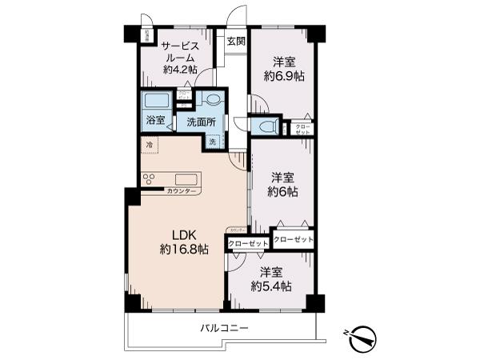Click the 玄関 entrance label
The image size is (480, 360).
[x=234, y=42]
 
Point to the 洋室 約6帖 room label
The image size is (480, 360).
[x=283, y=185]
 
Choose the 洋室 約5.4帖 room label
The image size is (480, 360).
[x=270, y=279]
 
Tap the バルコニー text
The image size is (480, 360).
[x=224, y=328]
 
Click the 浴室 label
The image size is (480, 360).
[x=155, y=122]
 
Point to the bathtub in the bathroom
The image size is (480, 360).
[x=155, y=102]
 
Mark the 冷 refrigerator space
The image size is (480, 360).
[x=150, y=145]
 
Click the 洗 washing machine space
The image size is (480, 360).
[x=213, y=142]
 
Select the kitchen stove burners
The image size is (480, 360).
[x=149, y=179]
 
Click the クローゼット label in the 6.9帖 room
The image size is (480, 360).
[x=303, y=128]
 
